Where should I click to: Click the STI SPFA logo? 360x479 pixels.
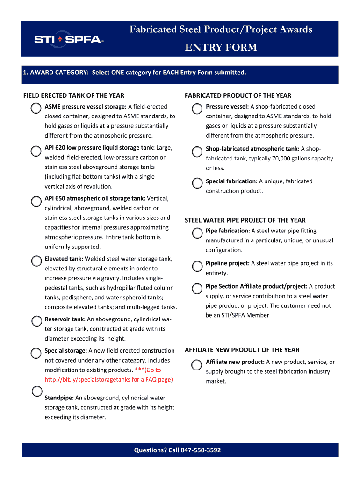point(68,39)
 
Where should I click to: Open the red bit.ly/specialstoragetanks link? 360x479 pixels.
point(108,379)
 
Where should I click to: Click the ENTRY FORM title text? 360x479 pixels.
point(221,47)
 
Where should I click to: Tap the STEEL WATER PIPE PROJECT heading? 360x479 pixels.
point(245,220)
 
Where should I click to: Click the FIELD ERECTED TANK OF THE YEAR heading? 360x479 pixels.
point(74,95)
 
